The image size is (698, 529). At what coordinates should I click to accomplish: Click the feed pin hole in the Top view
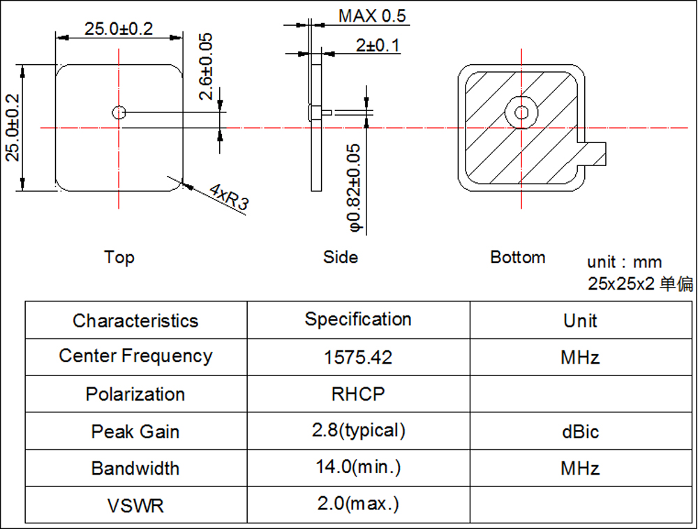[119, 112]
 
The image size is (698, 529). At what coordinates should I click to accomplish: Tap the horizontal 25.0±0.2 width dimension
[119, 29]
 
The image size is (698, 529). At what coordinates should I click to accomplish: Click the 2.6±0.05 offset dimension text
[206, 67]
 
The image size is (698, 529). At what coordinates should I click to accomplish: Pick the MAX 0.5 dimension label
[371, 16]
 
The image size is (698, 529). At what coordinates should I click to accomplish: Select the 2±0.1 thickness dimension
[378, 46]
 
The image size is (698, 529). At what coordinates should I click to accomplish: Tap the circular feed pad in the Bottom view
[521, 112]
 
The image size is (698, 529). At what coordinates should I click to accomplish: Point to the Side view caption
[341, 257]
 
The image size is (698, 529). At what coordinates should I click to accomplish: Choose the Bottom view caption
[518, 257]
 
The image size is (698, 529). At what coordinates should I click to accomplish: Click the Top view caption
[119, 257]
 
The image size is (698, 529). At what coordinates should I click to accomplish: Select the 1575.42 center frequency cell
[358, 357]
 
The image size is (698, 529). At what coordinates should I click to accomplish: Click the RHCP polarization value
[358, 394]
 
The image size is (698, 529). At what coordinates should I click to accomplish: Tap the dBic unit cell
[580, 431]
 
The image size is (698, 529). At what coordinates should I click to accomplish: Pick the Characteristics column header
[135, 321]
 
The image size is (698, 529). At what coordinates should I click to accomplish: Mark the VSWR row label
[135, 505]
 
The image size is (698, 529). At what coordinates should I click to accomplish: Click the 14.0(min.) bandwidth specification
[358, 467]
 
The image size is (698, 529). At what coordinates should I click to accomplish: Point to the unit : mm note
[624, 263]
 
